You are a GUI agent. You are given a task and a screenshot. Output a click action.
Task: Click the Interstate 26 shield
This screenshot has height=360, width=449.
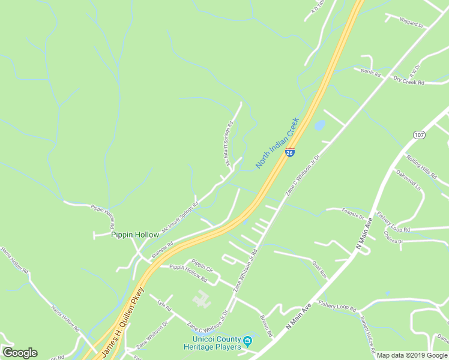pyautogui.click(x=289, y=152)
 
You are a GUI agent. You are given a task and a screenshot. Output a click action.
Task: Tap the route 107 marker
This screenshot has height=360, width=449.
pyautogui.click(x=419, y=135)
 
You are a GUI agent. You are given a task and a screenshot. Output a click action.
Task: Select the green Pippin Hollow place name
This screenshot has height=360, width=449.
pyautogui.click(x=135, y=235)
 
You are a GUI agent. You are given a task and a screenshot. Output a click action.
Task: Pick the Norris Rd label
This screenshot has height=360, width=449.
pyautogui.click(x=371, y=72)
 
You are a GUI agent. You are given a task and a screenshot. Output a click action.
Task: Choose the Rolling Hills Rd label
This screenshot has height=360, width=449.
pyautogui.click(x=422, y=167)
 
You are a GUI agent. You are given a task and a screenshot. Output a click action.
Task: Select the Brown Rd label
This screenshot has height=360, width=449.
pyautogui.click(x=266, y=325)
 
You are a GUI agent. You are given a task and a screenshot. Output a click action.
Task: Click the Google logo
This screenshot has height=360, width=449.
pyautogui.click(x=20, y=353)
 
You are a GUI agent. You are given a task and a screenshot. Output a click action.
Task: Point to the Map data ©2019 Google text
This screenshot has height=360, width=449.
pyautogui.click(x=412, y=355)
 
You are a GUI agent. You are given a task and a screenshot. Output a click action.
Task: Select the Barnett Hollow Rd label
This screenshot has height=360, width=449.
pyautogui.click(x=367, y=332)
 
